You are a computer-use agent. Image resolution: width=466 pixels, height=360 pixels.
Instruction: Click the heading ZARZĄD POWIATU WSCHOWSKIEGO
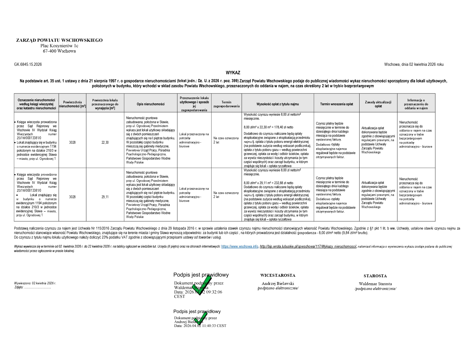click(59, 40)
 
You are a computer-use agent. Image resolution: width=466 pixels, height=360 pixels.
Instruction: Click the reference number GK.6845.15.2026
click(28, 64)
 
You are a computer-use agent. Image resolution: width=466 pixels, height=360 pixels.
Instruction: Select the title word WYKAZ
click(233, 73)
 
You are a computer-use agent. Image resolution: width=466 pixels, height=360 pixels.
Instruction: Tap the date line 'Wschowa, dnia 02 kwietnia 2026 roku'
click(413, 64)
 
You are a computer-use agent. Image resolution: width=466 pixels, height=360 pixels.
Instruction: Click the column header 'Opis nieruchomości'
click(151, 104)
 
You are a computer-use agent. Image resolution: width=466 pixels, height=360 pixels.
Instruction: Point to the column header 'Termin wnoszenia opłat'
click(336, 104)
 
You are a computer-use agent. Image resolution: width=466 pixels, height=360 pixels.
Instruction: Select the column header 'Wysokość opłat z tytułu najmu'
click(277, 104)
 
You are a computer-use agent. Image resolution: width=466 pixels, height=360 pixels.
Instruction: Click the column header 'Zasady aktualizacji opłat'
click(378, 104)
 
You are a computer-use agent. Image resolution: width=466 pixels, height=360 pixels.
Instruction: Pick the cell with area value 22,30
click(105, 143)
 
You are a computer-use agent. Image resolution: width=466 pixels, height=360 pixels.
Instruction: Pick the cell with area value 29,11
click(105, 197)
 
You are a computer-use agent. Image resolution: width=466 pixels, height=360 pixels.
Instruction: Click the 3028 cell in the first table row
click(72, 143)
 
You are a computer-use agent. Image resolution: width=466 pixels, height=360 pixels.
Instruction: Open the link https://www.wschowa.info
click(239, 246)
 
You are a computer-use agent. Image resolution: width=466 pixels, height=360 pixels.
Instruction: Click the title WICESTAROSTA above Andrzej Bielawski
click(278, 275)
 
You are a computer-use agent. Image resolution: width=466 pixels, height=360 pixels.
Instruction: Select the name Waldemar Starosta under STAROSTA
click(375, 284)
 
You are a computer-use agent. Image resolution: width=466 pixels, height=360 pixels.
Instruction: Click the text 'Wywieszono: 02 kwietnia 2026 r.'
click(35, 283)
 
